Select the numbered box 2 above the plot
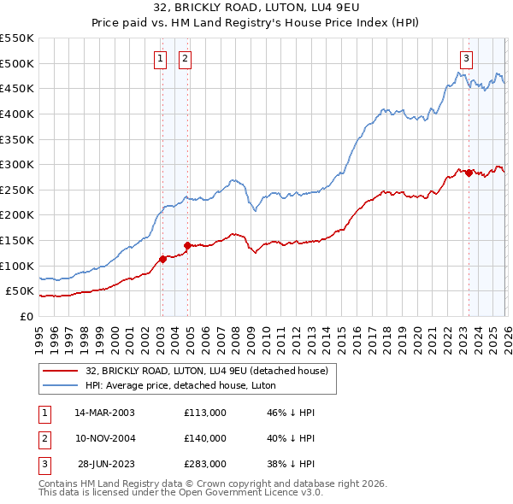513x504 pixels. coord(185,59)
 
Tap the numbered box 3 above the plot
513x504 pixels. coord(466,59)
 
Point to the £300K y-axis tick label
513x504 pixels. coord(17,164)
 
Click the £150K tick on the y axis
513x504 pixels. coord(17,240)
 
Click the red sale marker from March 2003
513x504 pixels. coord(162,259)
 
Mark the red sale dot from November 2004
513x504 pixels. coord(187,245)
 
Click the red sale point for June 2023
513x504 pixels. coord(469,173)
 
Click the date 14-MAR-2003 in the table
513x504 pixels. coord(105,413)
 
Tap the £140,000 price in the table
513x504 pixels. coord(205,438)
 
